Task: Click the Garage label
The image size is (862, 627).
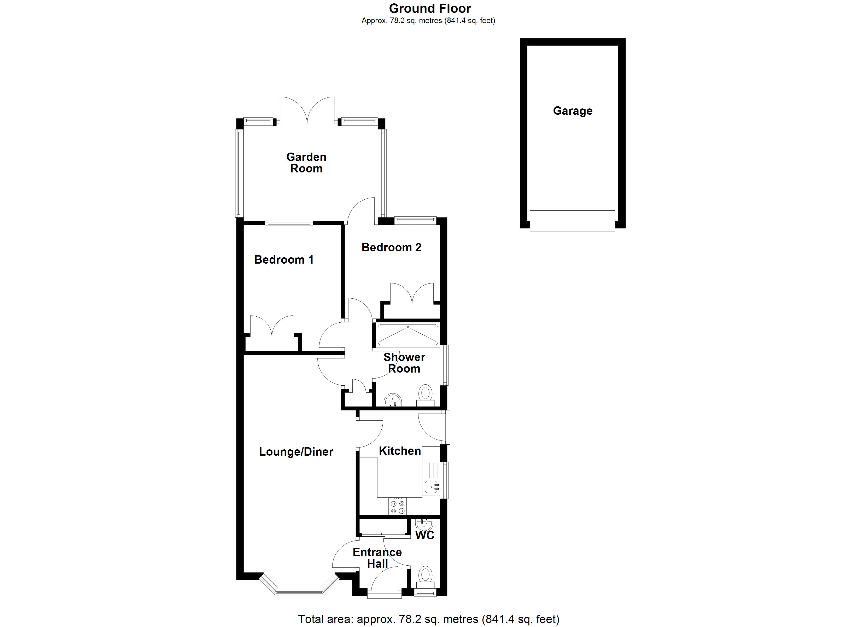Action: tap(572, 111)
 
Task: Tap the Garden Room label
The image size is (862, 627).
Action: tap(306, 163)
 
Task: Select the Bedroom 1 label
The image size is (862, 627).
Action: tap(284, 260)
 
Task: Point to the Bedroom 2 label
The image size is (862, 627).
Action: tap(392, 247)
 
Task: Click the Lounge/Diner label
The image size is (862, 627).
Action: tap(296, 452)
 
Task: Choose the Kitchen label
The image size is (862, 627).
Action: tap(400, 451)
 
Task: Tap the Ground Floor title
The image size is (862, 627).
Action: tap(430, 8)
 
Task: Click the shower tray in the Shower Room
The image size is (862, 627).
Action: tap(408, 335)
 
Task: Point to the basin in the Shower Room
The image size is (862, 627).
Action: tap(393, 400)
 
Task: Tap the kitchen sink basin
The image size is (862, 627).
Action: tap(431, 486)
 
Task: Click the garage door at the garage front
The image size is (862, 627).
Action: tap(572, 221)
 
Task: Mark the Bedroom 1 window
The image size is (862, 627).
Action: tap(289, 224)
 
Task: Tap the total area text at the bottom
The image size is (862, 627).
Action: tap(428, 619)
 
